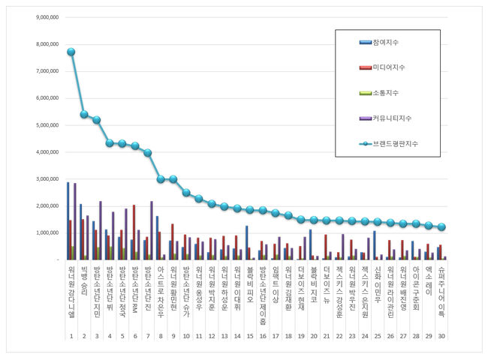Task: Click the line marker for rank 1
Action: click(x=71, y=52)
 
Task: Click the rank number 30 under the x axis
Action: click(x=442, y=335)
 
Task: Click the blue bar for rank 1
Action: click(x=68, y=220)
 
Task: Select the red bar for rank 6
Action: click(x=134, y=232)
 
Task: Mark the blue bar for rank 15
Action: click(x=247, y=242)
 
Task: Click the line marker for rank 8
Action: click(x=161, y=178)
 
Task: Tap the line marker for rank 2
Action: click(x=84, y=114)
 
